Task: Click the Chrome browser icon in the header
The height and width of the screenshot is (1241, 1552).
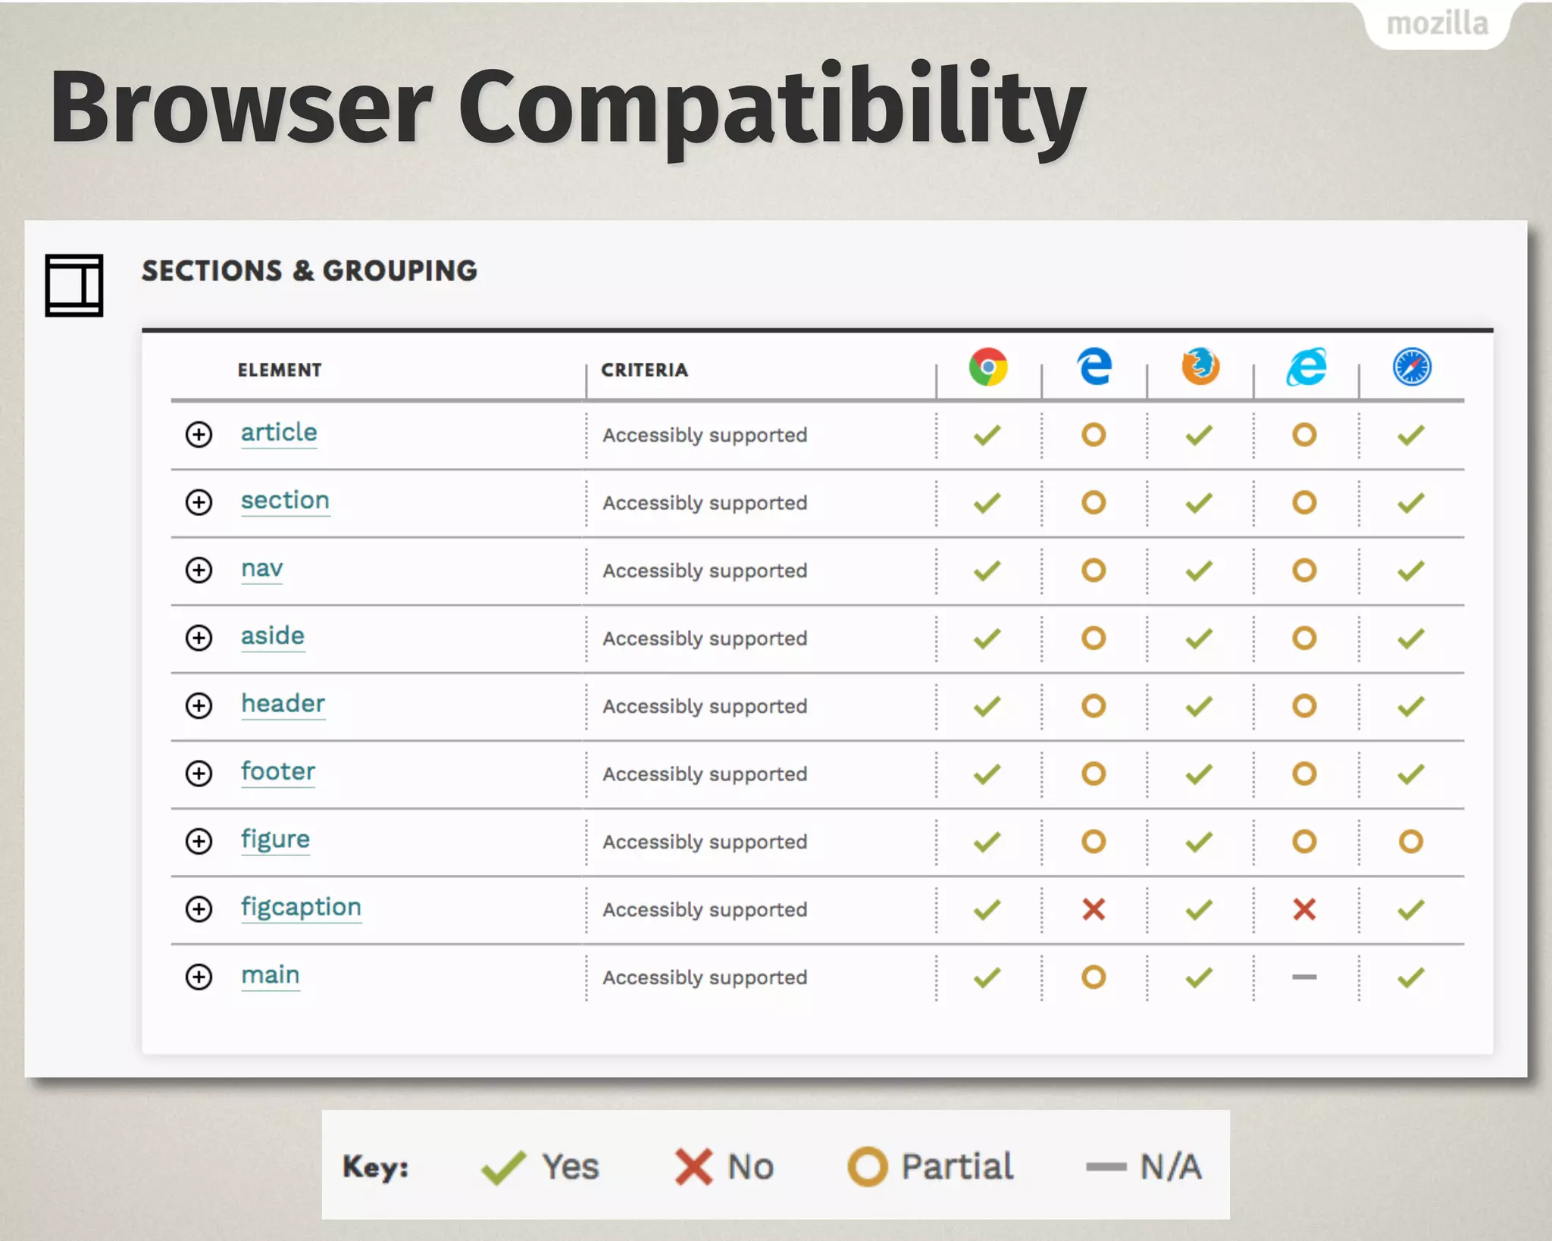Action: click(988, 367)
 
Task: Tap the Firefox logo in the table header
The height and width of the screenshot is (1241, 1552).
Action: click(1200, 367)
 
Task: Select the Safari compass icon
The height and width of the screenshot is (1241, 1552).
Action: click(1412, 367)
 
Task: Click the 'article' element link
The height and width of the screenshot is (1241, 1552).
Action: click(279, 433)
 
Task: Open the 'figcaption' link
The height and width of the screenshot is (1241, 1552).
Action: click(301, 907)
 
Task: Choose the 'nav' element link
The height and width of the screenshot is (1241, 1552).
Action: click(262, 568)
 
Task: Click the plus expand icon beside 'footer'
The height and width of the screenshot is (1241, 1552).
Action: click(199, 774)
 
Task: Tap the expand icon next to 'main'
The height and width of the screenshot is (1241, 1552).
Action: click(199, 977)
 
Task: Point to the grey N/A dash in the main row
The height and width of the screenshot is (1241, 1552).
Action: click(1304, 977)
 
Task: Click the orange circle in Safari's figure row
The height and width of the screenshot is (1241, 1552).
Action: click(1411, 842)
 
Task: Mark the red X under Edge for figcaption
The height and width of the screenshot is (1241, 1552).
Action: click(1094, 909)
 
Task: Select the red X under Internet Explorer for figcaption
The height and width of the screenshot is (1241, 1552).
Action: click(1304, 909)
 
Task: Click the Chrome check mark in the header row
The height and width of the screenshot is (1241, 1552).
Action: click(987, 706)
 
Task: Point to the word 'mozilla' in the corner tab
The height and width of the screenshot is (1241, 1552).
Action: click(1437, 24)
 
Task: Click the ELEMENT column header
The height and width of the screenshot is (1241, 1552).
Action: click(280, 370)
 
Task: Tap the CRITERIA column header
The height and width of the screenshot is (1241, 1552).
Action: click(645, 370)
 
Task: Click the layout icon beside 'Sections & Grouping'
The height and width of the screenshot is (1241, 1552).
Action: click(74, 286)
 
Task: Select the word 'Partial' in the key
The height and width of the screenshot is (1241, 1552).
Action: click(957, 1167)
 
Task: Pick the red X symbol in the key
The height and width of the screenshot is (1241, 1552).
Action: click(693, 1167)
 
